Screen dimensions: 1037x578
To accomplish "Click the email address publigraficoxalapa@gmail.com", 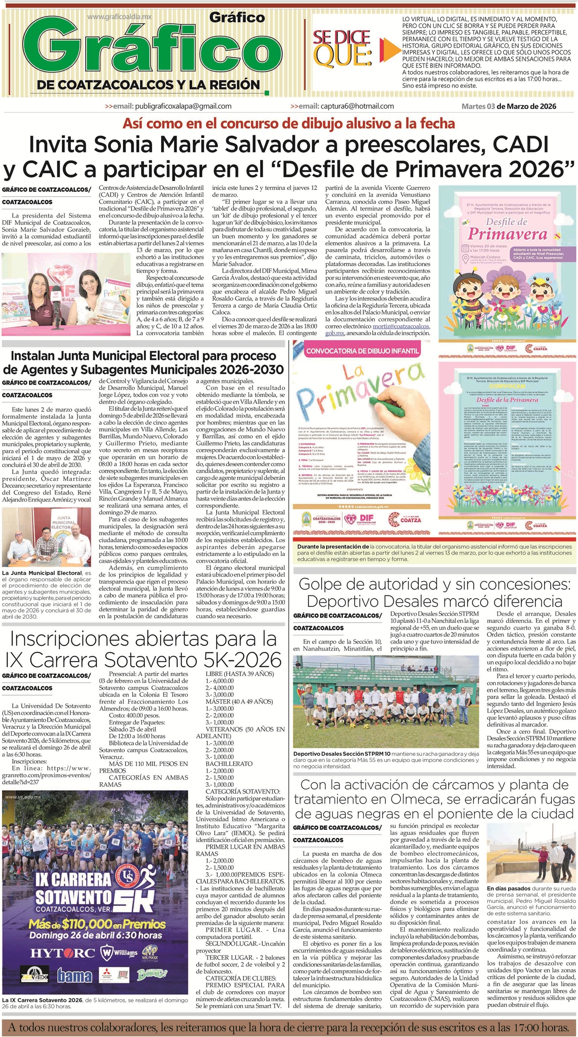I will pyautogui.click(x=183, y=106).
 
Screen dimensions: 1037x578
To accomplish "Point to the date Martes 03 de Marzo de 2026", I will pyautogui.click(x=509, y=106).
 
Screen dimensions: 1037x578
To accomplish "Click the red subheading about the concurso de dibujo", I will pyautogui.click(x=289, y=123).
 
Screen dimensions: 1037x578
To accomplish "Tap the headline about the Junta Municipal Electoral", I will pyautogui.click(x=143, y=362).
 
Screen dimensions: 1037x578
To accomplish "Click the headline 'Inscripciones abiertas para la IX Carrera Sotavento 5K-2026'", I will pyautogui.click(x=143, y=649).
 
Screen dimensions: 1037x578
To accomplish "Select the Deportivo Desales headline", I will pyautogui.click(x=434, y=592).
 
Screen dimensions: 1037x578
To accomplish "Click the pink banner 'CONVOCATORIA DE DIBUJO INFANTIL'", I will pyautogui.click(x=363, y=351).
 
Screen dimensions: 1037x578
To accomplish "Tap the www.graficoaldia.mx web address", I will pyautogui.click(x=119, y=17).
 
